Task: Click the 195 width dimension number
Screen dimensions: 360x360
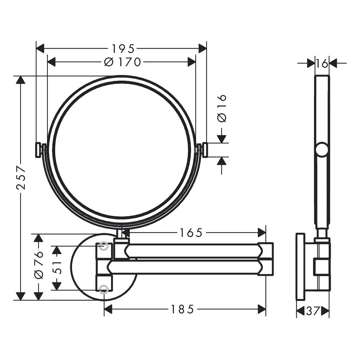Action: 123,48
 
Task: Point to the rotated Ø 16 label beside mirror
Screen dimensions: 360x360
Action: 222,108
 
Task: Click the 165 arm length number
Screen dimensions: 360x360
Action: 191,233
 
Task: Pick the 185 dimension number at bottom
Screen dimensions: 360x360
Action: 182,309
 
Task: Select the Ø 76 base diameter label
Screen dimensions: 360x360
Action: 39,265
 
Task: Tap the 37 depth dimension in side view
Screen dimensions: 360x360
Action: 313,311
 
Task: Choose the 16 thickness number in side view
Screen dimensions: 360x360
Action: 322,63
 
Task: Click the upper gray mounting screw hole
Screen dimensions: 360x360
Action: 103,246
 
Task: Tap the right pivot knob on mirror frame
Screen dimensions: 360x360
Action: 204,150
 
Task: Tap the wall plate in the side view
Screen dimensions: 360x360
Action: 300,267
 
